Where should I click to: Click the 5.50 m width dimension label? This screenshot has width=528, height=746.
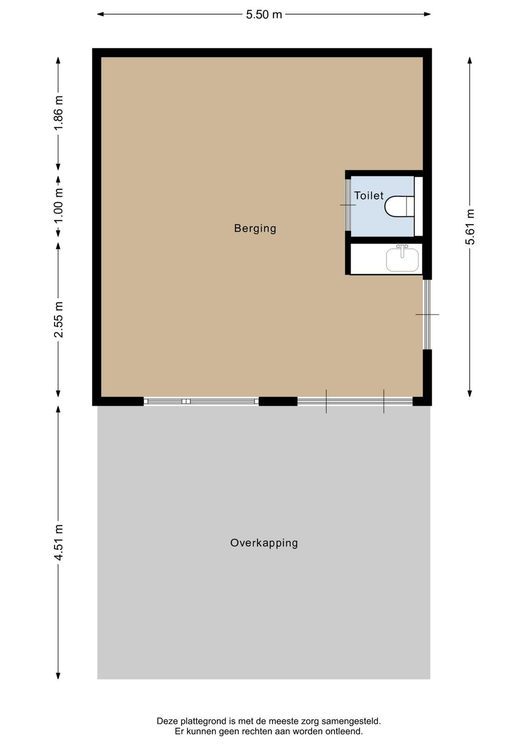point(264,14)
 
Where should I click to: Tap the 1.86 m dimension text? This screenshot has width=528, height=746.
point(59,113)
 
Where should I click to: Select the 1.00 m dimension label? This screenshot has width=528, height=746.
point(59,207)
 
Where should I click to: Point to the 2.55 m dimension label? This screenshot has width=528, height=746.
point(59,319)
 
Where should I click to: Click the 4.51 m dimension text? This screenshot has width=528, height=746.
point(59,543)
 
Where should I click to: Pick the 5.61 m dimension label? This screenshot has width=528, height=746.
point(470,227)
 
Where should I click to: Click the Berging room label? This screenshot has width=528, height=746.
point(255,228)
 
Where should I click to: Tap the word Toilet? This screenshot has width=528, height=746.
point(369,195)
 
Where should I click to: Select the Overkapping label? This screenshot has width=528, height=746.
point(264,543)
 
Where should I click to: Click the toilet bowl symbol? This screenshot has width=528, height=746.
point(399,207)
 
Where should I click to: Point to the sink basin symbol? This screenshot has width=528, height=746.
point(403,260)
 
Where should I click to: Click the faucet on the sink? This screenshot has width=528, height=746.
point(403,250)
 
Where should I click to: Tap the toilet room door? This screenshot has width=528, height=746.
point(348,205)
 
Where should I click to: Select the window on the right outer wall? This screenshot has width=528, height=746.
point(427,314)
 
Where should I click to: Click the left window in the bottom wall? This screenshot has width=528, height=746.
point(201,401)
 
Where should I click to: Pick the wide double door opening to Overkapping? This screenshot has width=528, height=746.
point(355,401)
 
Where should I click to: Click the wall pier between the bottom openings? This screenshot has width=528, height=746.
point(278,401)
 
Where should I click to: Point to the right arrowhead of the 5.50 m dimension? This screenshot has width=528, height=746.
point(427,14)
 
